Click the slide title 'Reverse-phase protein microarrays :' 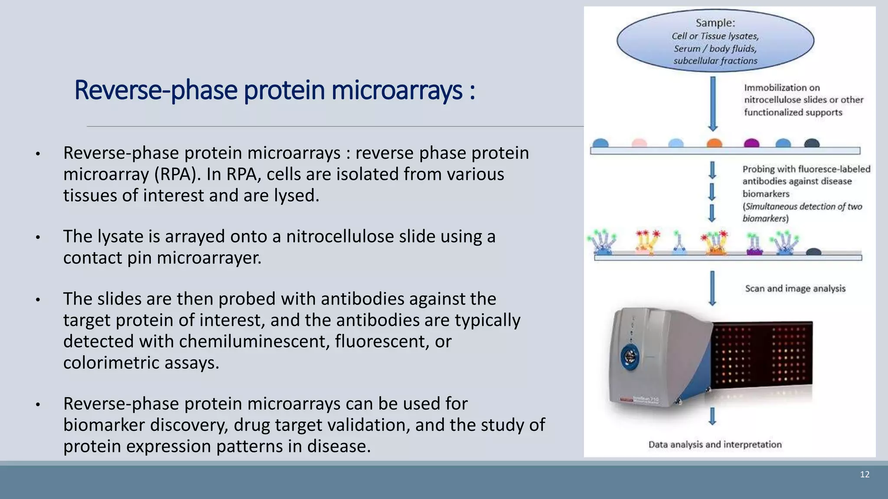point(274,90)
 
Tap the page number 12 point(865,474)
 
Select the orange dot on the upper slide point(714,143)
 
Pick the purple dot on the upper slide point(751,143)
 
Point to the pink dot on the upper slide point(639,143)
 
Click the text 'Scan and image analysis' point(795,288)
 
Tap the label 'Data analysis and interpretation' point(715,444)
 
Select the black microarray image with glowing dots point(762,355)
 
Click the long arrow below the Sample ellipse point(712,104)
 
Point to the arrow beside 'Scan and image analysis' point(712,288)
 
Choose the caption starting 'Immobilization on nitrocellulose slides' point(803,100)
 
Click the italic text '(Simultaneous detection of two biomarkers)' point(802,212)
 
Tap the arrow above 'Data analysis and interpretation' point(712,416)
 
